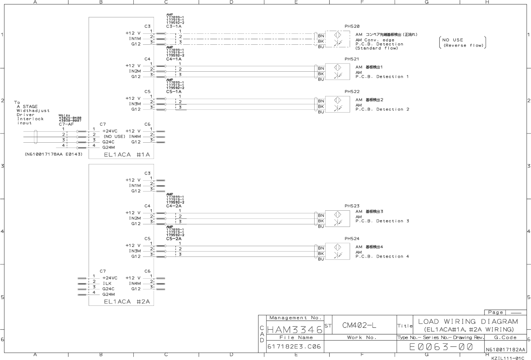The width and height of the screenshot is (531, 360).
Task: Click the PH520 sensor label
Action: pos(352,26)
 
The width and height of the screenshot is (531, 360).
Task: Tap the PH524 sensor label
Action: pos(352,239)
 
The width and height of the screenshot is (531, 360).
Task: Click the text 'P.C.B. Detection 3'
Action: pos(382,221)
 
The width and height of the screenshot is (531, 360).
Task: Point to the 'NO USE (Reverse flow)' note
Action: pos(463,43)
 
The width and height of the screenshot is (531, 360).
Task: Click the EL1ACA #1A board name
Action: pos(127,154)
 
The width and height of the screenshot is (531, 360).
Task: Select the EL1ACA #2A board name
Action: pos(127,302)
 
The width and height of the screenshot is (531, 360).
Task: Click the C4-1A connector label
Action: pos(174,59)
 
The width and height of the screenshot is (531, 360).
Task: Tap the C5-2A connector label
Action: pos(174,239)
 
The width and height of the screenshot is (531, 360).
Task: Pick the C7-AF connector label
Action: pos(66,124)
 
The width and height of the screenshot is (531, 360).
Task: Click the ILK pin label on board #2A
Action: pos(107,283)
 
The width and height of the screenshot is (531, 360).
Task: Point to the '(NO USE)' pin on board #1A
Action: pos(114,136)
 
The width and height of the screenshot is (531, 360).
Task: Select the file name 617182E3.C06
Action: pos(294,347)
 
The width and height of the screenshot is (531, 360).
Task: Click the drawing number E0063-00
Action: pos(441,347)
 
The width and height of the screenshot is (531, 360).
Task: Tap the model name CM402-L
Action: pos(359,325)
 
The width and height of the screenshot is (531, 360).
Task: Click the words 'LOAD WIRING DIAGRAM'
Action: pos(468,322)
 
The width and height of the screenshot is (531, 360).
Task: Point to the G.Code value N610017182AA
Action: pos(505,349)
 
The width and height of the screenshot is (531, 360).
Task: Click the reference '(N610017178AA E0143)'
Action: pos(54,154)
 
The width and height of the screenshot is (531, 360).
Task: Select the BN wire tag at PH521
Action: pos(321,68)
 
